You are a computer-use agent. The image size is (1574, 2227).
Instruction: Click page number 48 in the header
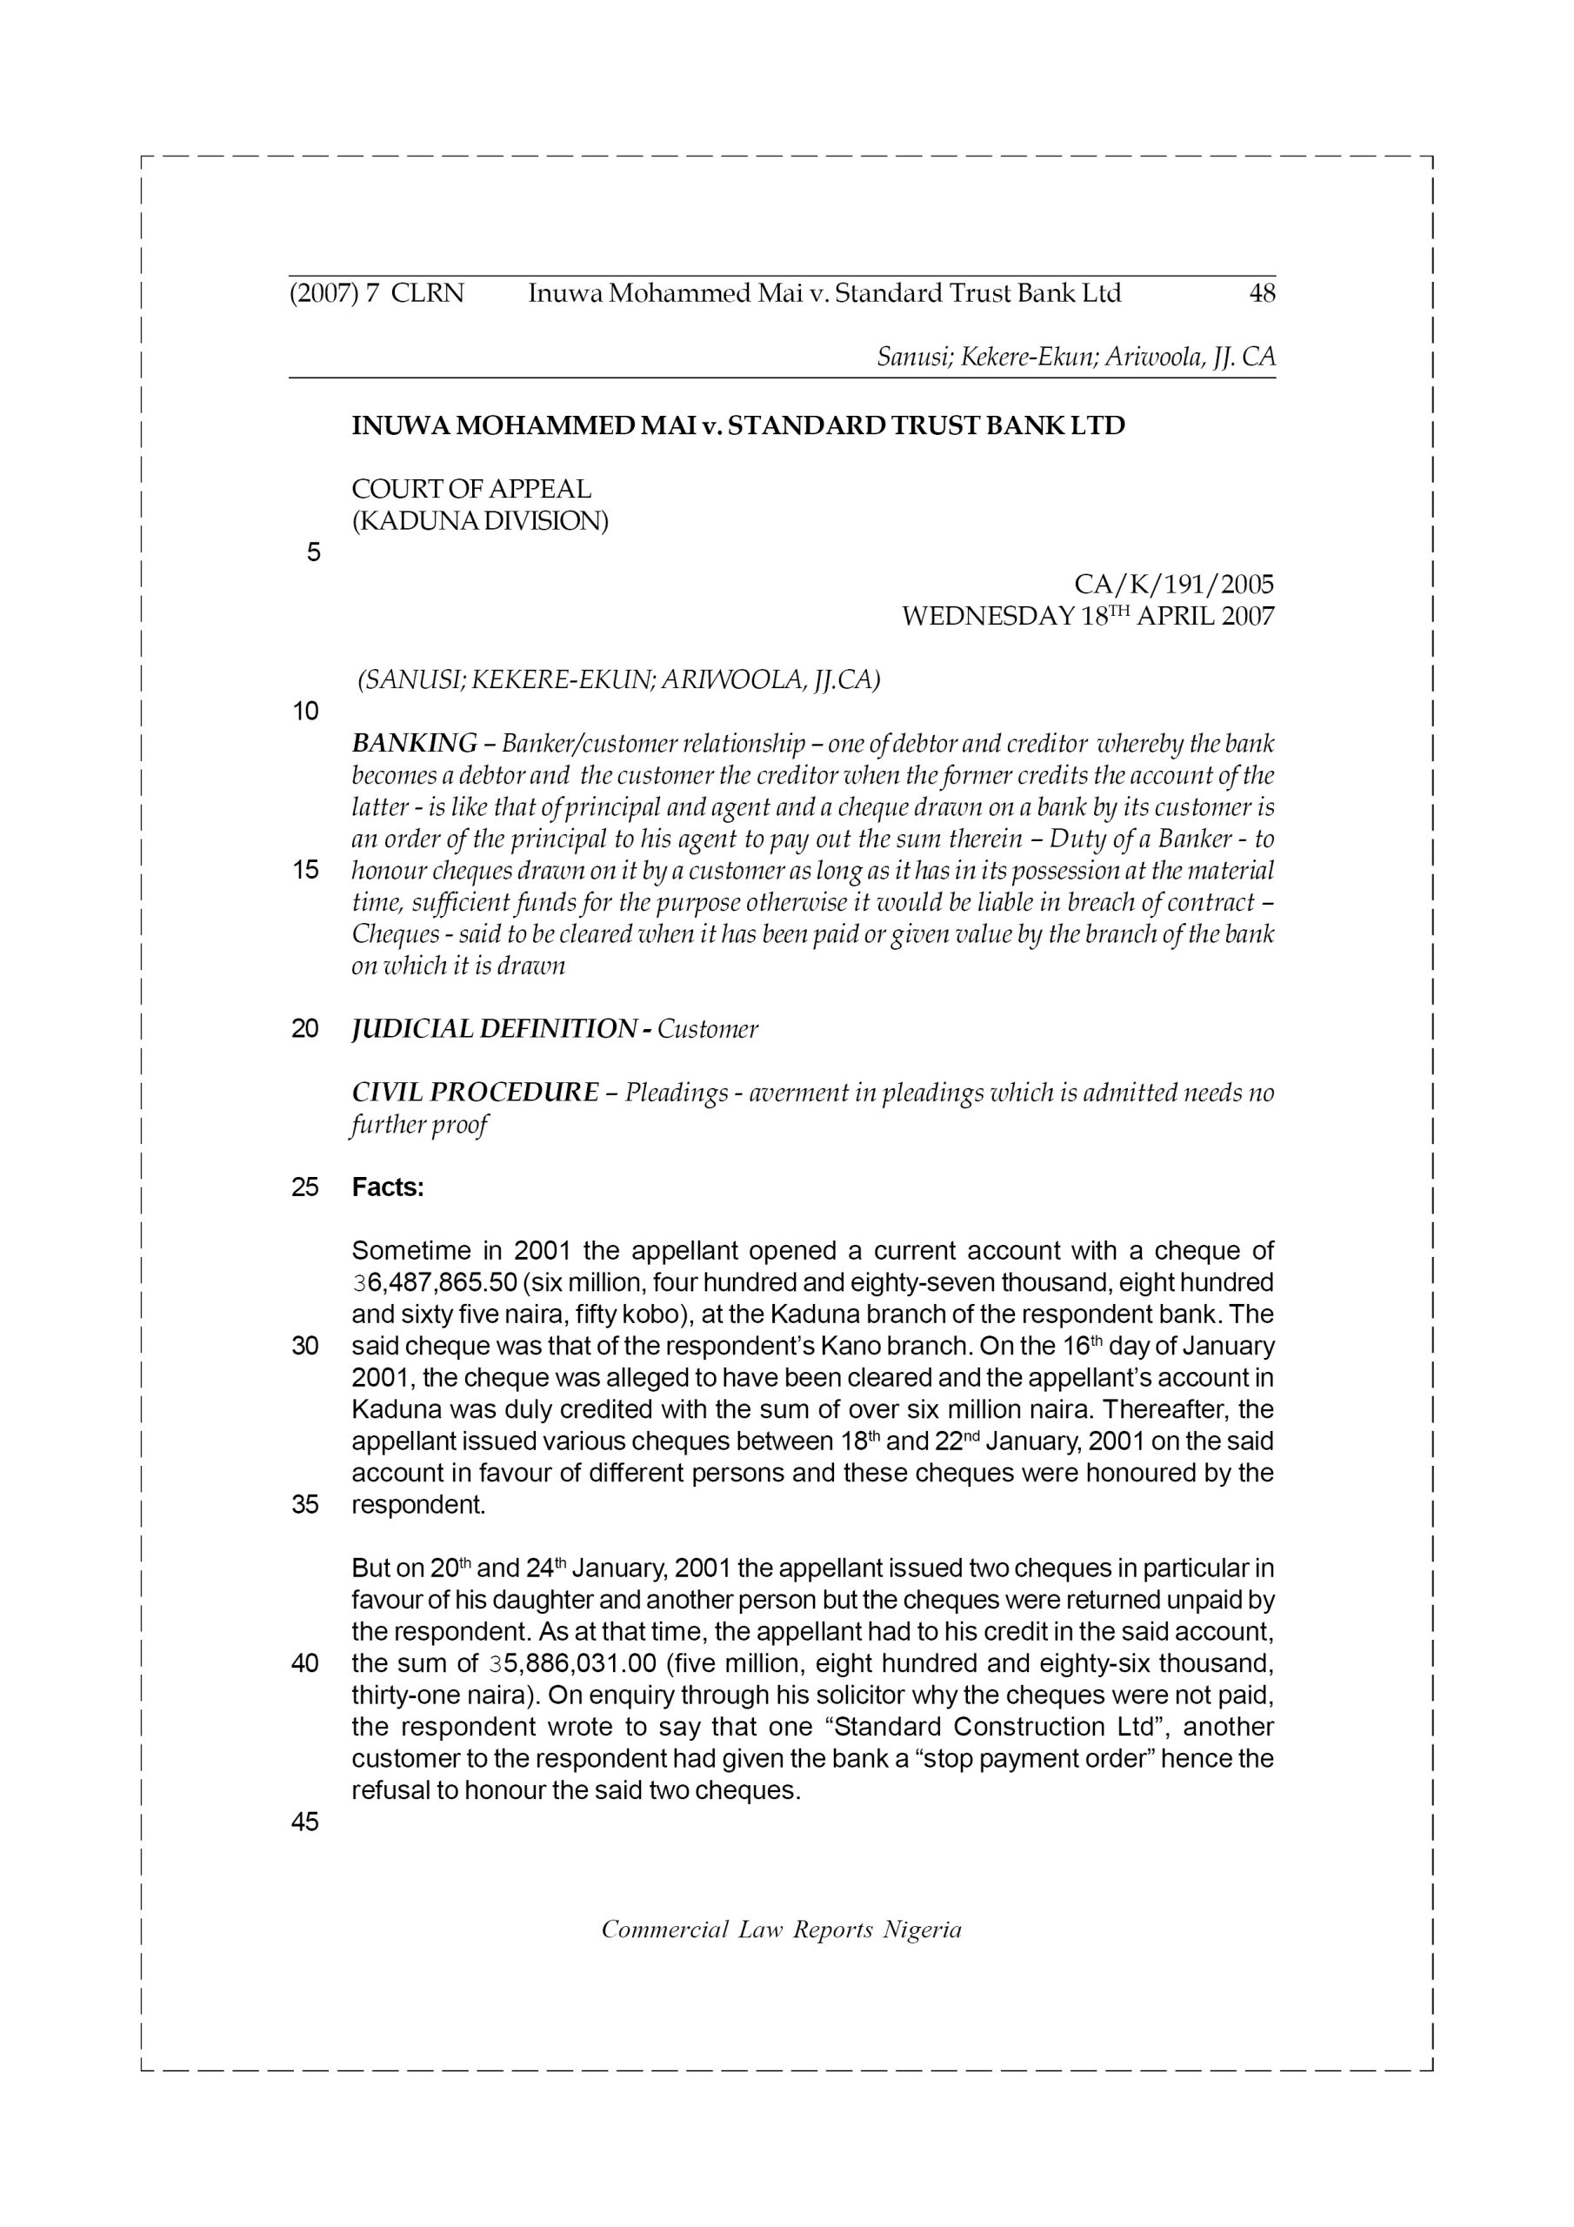point(1262,293)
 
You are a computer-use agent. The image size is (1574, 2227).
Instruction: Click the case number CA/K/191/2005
point(1173,585)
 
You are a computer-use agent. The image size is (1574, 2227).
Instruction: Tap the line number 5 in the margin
point(313,554)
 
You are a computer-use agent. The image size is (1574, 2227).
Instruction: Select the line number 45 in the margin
point(304,1822)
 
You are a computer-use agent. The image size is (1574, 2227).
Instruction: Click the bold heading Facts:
point(388,1187)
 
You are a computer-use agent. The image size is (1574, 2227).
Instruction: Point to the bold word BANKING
point(414,744)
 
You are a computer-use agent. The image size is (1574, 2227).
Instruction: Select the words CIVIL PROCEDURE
point(475,1093)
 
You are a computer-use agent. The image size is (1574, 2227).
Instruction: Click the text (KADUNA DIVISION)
point(480,522)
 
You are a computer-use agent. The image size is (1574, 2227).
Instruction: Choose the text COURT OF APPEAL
point(471,489)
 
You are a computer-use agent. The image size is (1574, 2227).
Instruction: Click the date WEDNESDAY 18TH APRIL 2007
point(1087,617)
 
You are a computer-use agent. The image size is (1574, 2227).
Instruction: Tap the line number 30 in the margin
point(304,1348)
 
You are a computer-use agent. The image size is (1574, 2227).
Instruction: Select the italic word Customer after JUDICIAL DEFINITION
point(707,1029)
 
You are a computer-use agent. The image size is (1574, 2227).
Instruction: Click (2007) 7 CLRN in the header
point(377,293)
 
